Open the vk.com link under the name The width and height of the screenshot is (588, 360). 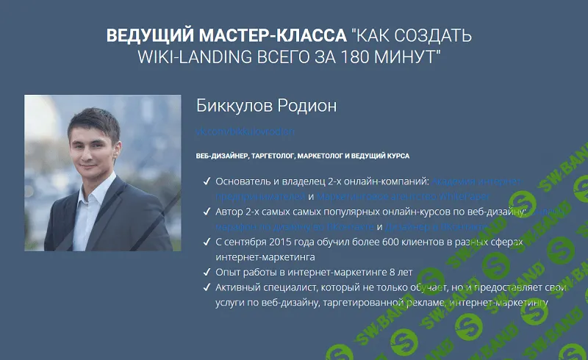(x=245, y=131)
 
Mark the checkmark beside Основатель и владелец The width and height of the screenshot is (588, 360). (x=206, y=181)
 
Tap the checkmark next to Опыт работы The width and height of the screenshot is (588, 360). (x=206, y=272)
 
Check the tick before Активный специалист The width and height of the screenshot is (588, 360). (x=206, y=287)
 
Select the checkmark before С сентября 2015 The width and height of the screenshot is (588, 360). (x=206, y=242)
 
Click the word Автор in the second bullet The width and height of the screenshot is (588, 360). (x=230, y=212)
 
